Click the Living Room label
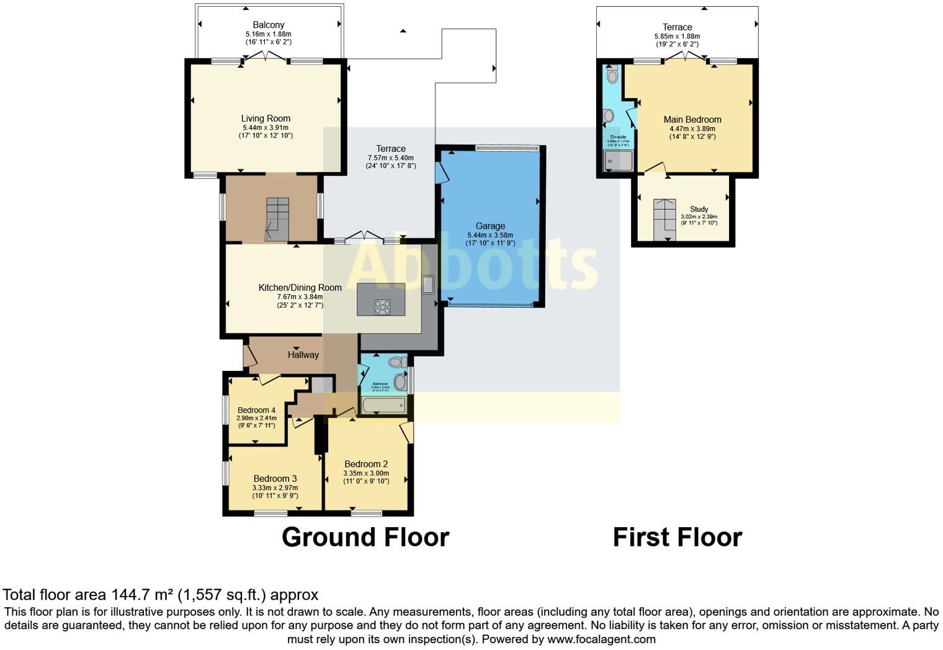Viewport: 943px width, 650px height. [x=266, y=118]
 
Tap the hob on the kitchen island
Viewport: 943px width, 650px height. [x=382, y=306]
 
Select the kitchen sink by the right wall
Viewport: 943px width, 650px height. [x=427, y=285]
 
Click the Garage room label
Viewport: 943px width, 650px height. [x=490, y=226]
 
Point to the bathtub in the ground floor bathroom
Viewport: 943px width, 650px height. [x=384, y=406]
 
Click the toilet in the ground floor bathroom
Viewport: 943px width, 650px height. [x=396, y=362]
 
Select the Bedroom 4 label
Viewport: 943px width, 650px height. [x=256, y=410]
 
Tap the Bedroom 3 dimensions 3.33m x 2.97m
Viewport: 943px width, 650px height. [x=275, y=487]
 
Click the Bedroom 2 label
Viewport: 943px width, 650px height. [x=366, y=464]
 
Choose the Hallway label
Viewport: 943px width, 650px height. [x=303, y=355]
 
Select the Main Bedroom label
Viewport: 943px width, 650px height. [x=692, y=120]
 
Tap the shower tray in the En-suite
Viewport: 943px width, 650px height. [x=619, y=161]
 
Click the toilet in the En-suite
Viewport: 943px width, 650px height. [x=612, y=76]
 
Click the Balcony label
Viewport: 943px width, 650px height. [x=268, y=25]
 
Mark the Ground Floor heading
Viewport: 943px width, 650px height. [x=365, y=537]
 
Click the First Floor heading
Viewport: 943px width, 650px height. [x=677, y=537]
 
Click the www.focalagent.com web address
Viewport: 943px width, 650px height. [x=601, y=639]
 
